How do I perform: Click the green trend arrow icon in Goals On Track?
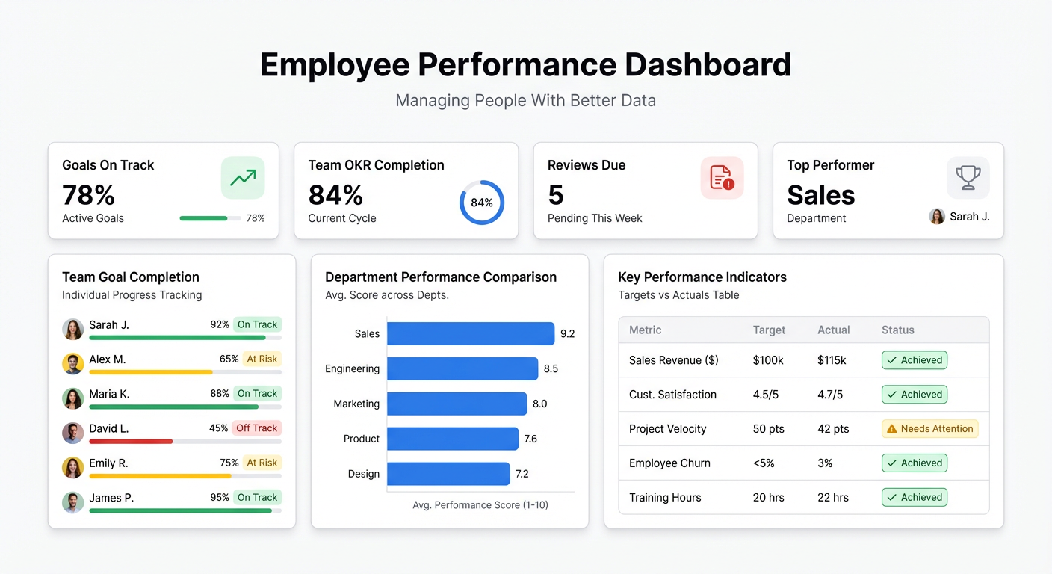point(243,178)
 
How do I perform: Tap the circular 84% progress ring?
point(481,203)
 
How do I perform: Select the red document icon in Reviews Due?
point(722,178)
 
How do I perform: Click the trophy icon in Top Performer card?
point(968,178)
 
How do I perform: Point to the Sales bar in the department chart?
point(471,333)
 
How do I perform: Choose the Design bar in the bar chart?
point(448,474)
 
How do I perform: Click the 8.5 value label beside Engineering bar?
point(551,368)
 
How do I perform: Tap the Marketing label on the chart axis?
point(356,404)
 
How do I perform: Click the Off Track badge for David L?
point(256,428)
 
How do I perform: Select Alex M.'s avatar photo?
point(72,364)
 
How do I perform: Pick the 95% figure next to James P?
point(220,497)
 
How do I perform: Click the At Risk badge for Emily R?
point(262,463)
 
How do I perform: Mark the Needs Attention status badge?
point(929,429)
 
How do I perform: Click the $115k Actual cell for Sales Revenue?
point(832,360)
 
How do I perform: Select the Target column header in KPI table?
point(769,330)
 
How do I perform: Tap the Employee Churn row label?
point(669,463)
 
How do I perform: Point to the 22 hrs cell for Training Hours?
point(833,498)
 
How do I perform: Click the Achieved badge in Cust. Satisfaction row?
point(915,395)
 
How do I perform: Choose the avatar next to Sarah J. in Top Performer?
point(937,217)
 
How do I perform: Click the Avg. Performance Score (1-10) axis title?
point(480,505)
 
